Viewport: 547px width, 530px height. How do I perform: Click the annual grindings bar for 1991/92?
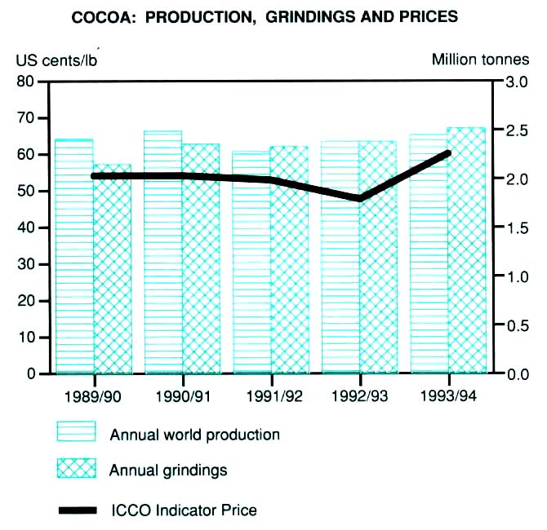pyautogui.click(x=290, y=261)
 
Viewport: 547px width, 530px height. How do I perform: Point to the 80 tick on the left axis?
pyautogui.click(x=30, y=82)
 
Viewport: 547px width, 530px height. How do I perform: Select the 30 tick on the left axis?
pyautogui.click(x=30, y=264)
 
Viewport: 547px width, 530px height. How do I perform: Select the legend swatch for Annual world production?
pyautogui.click(x=76, y=432)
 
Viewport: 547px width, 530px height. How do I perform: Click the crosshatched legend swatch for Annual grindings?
pyautogui.click(x=76, y=469)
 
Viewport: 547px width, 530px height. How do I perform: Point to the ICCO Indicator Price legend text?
pyautogui.click(x=184, y=510)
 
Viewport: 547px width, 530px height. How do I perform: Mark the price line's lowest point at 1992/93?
pyautogui.click(x=359, y=198)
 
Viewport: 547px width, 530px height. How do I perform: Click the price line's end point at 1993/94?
pyautogui.click(x=448, y=153)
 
